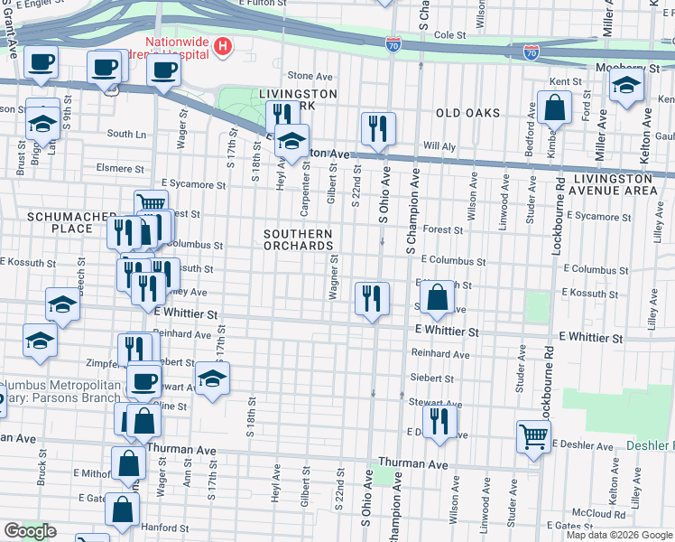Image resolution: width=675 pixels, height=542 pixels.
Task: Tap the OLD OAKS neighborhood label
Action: click(x=467, y=113)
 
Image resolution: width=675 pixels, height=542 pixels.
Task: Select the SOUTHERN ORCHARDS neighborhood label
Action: click(x=298, y=239)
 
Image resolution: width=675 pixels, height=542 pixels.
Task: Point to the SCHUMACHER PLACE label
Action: click(x=60, y=222)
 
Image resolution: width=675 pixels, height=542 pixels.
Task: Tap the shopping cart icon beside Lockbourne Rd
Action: click(x=533, y=435)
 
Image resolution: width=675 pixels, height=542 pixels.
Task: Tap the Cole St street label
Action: click(x=448, y=35)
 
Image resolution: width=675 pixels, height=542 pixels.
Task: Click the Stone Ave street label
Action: click(x=305, y=76)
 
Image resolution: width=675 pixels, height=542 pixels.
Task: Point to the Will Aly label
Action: click(x=439, y=145)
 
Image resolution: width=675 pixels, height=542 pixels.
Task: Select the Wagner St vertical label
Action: click(x=334, y=276)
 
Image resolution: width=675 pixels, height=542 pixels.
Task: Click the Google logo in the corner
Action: click(x=29, y=531)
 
